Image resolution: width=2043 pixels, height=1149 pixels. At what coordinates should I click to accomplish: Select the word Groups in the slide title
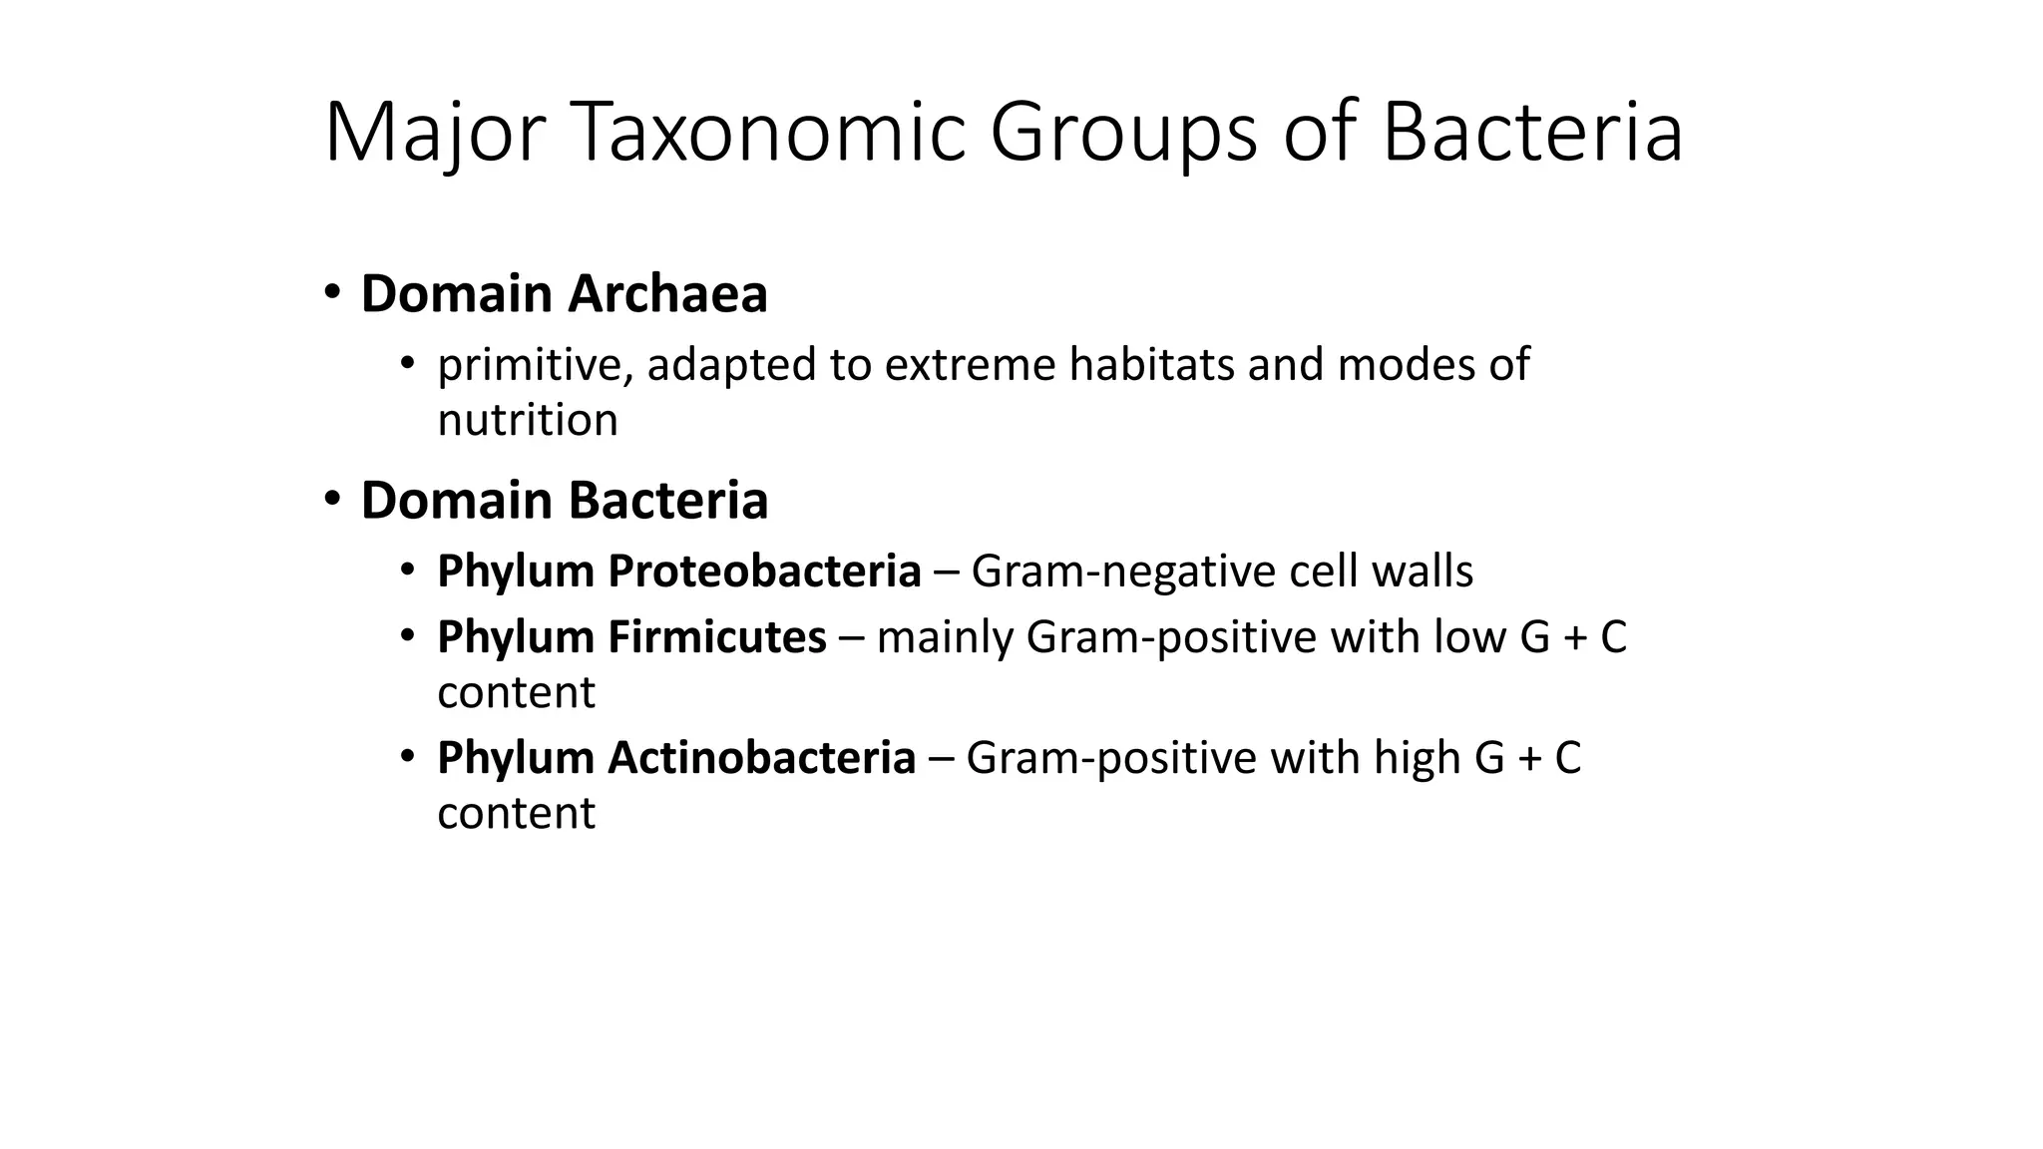pyautogui.click(x=1123, y=133)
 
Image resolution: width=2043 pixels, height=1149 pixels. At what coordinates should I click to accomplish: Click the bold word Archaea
pyautogui.click(x=667, y=294)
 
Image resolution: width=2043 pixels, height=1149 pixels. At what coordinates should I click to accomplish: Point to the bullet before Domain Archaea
pyautogui.click(x=332, y=293)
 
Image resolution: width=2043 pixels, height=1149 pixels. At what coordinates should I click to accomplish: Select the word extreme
pyautogui.click(x=970, y=365)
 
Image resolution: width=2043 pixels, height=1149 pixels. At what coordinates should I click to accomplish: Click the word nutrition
pyautogui.click(x=527, y=420)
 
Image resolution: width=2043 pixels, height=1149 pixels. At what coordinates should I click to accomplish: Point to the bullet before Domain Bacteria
pyautogui.click(x=332, y=499)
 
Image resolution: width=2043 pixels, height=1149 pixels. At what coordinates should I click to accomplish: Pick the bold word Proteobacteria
pyautogui.click(x=764, y=572)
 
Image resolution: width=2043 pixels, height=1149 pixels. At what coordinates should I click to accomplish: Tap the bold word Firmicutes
pyautogui.click(x=716, y=637)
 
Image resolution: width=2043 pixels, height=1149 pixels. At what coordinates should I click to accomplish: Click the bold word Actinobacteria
pyautogui.click(x=761, y=758)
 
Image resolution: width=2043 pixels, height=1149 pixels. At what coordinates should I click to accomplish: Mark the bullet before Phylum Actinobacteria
pyautogui.click(x=407, y=757)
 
